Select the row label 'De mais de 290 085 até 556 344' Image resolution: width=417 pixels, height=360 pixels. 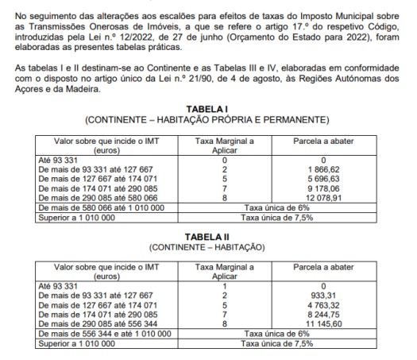pos(95,323)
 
